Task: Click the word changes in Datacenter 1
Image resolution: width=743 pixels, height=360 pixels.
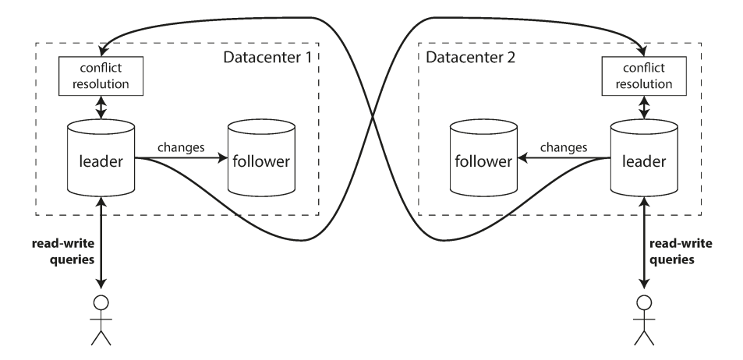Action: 181,146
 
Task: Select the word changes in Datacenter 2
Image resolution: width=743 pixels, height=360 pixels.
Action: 560,146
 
